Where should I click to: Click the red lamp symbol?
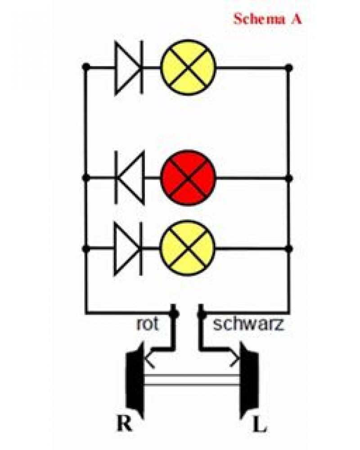(x=189, y=178)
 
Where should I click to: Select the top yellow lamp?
(x=189, y=67)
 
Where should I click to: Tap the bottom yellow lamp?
(x=189, y=248)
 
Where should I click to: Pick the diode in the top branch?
(x=129, y=67)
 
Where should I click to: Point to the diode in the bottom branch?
(x=129, y=248)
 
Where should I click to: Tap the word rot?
(x=147, y=324)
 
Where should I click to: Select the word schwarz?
(x=248, y=324)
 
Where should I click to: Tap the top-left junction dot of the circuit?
(x=85, y=67)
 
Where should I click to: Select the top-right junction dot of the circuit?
(x=289, y=67)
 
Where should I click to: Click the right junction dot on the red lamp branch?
(x=289, y=178)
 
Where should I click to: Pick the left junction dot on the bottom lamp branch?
(x=85, y=248)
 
